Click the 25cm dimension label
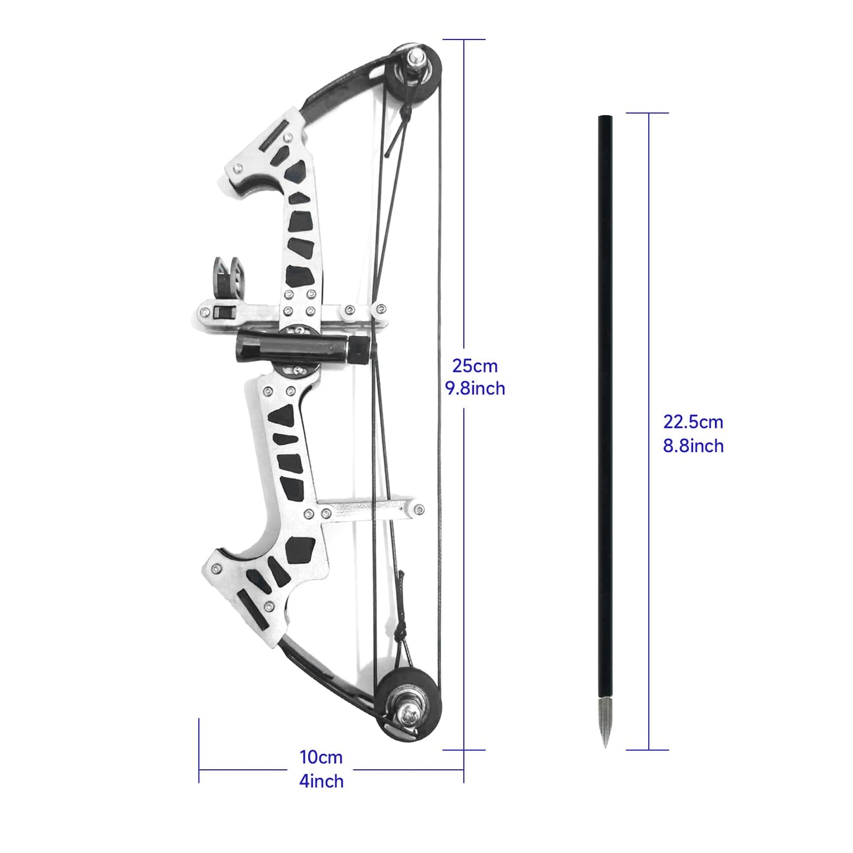475,366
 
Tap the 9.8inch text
475,389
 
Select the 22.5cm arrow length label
692,422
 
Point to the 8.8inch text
692,446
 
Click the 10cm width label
321,757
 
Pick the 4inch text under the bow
321,782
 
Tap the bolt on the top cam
417,57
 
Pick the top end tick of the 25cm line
464,40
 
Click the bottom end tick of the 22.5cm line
648,750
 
